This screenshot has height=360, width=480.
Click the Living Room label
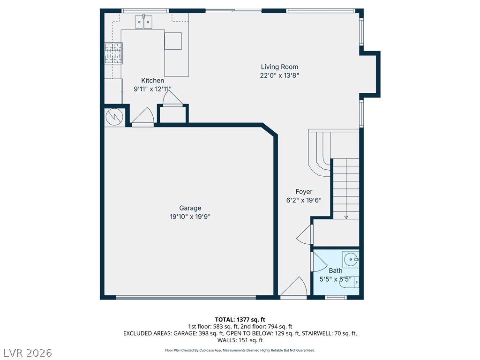tap(279, 67)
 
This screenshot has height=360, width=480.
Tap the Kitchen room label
tap(152, 81)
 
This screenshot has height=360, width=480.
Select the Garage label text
tap(190, 208)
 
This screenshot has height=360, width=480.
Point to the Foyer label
tap(304, 192)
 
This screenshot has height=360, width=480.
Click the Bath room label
tap(336, 270)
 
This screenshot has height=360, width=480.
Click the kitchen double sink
tap(143, 22)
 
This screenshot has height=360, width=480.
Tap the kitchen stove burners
tap(113, 53)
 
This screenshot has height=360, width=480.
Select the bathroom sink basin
tap(351, 259)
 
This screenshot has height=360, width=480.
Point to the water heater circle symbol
tap(114, 117)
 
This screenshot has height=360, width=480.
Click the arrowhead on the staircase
tap(346, 217)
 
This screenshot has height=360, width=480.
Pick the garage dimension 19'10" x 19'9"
tap(190, 217)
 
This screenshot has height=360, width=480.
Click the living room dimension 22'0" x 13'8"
tap(279, 75)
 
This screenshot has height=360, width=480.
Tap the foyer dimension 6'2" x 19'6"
tap(304, 200)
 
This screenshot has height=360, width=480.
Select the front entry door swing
tap(293, 287)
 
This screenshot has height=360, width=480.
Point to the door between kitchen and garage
tap(143, 117)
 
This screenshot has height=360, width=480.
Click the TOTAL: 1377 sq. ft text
tap(240, 320)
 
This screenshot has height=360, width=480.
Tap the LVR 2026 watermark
tap(26, 352)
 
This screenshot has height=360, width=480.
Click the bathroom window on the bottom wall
tap(336, 297)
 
